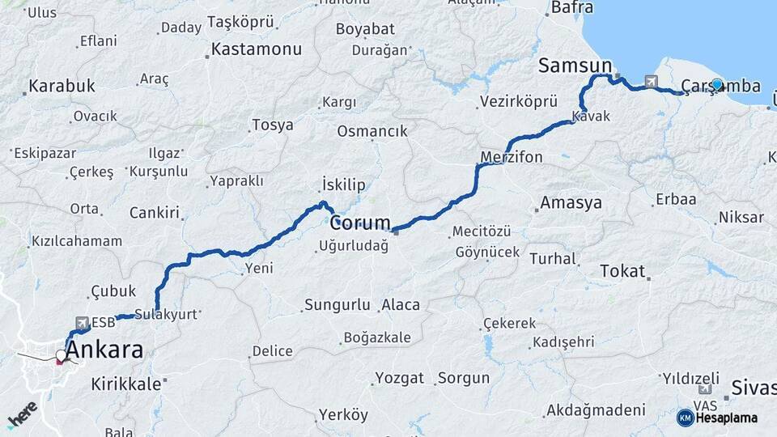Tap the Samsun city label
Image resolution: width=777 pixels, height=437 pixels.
(x=575, y=66)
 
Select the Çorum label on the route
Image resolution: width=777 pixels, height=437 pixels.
(x=360, y=223)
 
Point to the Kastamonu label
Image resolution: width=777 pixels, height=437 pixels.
(x=256, y=49)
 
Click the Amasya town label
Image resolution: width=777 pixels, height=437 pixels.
(x=571, y=202)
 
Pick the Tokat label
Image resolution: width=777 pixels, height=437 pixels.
(x=622, y=271)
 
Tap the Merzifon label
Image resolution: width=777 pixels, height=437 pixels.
(x=511, y=157)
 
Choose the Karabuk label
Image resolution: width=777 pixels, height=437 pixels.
(x=62, y=86)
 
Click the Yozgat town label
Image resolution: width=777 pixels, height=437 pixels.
(x=399, y=378)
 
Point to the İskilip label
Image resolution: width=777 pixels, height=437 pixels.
(x=344, y=183)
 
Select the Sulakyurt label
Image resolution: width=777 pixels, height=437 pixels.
(x=166, y=315)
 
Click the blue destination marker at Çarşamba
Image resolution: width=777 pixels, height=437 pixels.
(x=716, y=84)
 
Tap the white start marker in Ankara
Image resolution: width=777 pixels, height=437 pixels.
(x=61, y=355)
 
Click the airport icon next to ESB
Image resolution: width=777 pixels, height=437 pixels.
(x=81, y=322)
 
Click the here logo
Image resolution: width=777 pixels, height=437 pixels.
(x=22, y=414)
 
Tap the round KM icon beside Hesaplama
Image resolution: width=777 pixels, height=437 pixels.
(x=685, y=418)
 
